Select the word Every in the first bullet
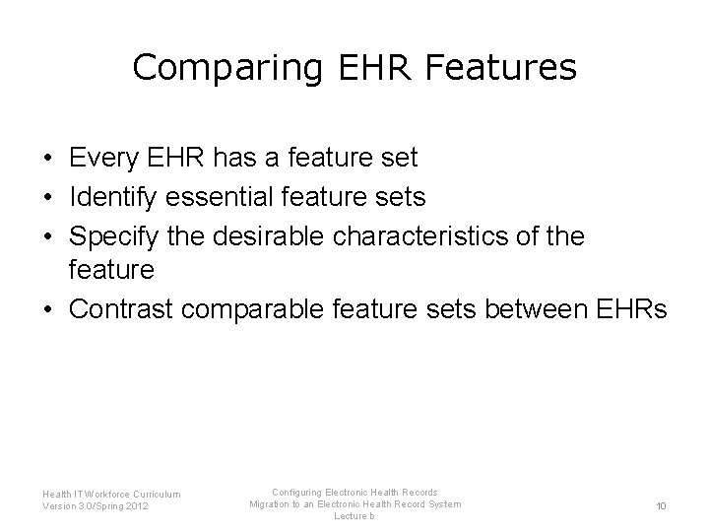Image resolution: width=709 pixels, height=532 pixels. pyautogui.click(x=103, y=157)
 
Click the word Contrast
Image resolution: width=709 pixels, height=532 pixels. pyautogui.click(x=120, y=310)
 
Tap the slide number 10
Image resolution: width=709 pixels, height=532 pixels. pyautogui.click(x=661, y=506)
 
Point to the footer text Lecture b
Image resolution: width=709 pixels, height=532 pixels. pyautogui.click(x=354, y=517)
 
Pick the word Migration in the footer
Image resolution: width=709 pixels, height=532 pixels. pyautogui.click(x=272, y=504)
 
